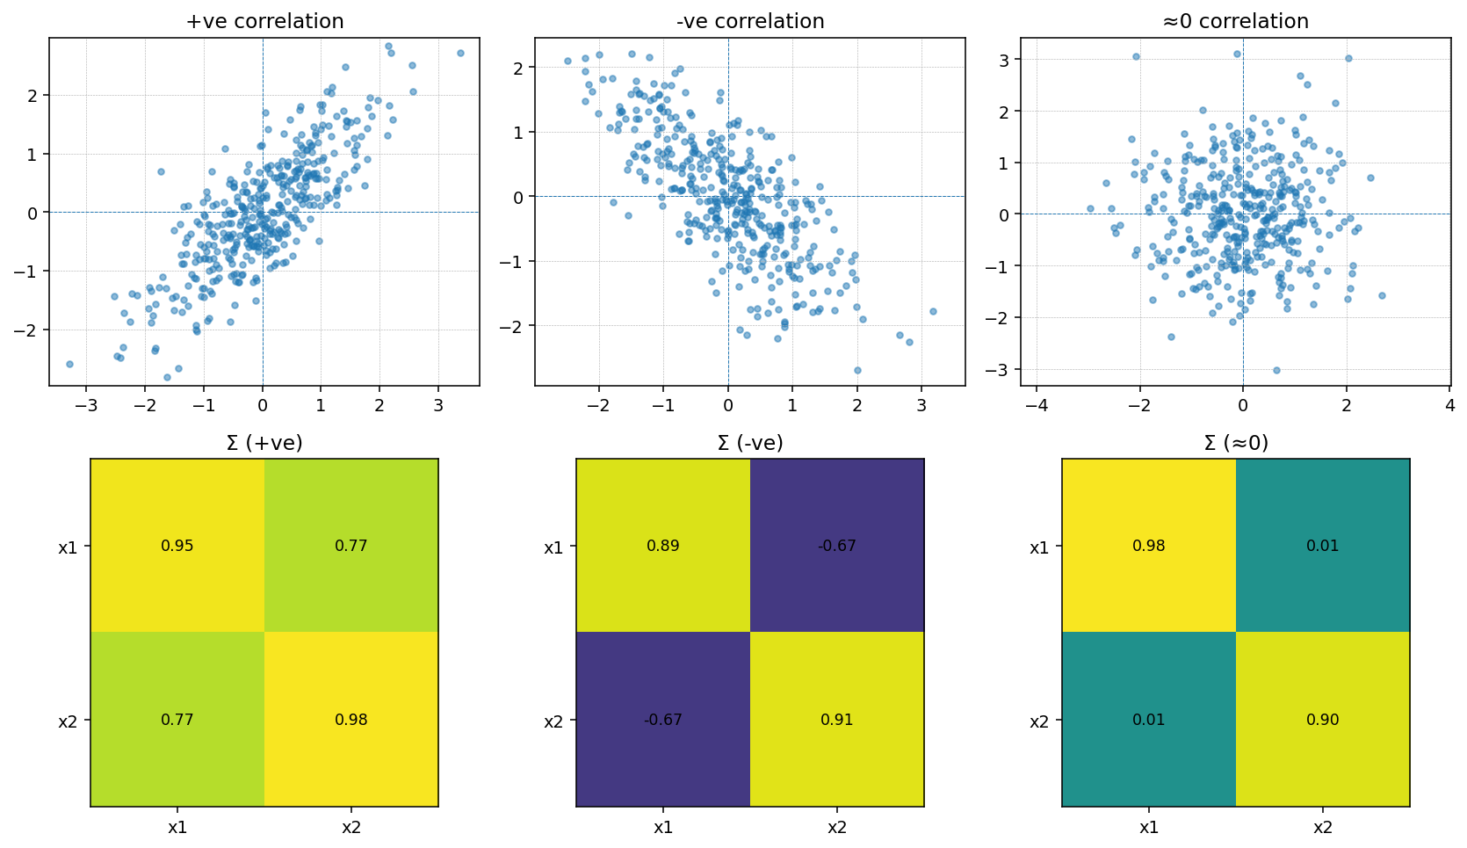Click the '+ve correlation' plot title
(264, 21)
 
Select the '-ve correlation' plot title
(750, 21)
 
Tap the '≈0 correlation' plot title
(1235, 21)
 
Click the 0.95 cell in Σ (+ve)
(177, 546)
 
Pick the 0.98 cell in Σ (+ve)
(351, 720)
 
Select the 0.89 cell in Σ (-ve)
(663, 546)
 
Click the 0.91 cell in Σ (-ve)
(837, 720)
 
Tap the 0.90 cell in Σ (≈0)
(1323, 720)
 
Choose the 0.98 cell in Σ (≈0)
(1149, 546)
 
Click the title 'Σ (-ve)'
(750, 443)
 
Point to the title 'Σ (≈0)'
(1236, 443)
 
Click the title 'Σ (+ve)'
(264, 443)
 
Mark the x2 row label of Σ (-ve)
(553, 721)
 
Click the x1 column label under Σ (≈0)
(1149, 827)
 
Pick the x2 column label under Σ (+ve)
(351, 827)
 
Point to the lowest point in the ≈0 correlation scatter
(1276, 370)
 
